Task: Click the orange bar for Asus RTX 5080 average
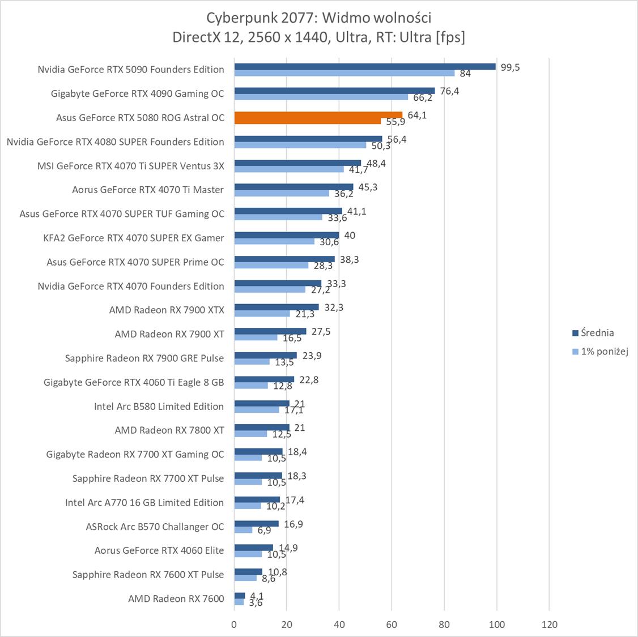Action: click(318, 115)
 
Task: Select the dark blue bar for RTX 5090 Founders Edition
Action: click(365, 66)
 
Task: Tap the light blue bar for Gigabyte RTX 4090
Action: click(321, 97)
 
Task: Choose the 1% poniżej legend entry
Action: click(600, 352)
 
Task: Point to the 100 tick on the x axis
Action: click(497, 625)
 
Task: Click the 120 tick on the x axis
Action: click(549, 625)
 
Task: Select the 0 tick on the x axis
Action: click(235, 625)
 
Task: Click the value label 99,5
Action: click(509, 67)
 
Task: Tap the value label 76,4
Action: click(449, 91)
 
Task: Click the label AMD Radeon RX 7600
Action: click(176, 598)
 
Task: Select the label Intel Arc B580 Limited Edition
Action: click(159, 406)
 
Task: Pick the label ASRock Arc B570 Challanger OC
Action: click(155, 527)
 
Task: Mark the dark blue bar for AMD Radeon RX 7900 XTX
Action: click(277, 307)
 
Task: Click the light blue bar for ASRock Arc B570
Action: click(244, 530)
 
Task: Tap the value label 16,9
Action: click(293, 524)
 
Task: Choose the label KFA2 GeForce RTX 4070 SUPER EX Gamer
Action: click(134, 238)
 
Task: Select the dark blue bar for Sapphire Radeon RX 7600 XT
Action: click(248, 572)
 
